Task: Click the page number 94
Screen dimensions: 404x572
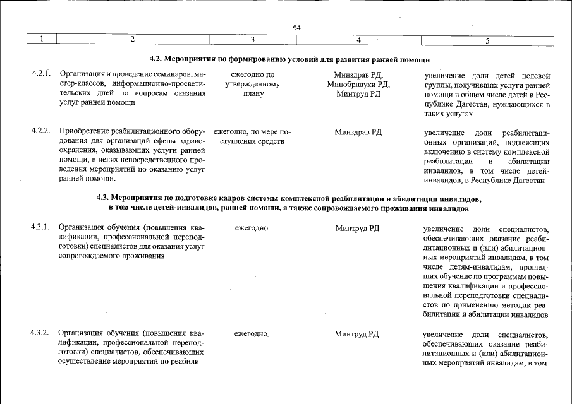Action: point(296,28)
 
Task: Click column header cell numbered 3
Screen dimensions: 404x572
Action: point(252,40)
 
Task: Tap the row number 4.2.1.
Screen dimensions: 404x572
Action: point(40,74)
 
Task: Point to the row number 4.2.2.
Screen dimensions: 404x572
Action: point(40,131)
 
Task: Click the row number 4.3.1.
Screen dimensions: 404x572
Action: point(40,228)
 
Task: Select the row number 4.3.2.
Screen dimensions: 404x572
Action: point(40,333)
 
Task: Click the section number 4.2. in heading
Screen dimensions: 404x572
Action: point(157,59)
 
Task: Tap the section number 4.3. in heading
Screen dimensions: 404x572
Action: point(105,198)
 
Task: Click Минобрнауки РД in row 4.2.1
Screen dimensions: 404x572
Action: point(358,85)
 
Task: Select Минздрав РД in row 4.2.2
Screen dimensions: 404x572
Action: point(358,132)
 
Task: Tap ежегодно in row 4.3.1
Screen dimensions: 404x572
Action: point(252,228)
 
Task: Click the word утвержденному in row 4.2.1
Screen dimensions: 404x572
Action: point(252,85)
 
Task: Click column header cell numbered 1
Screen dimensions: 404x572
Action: point(40,40)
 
